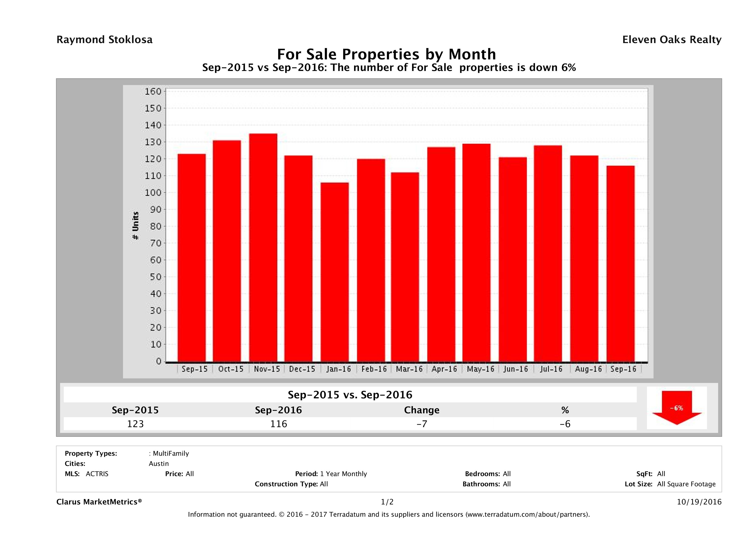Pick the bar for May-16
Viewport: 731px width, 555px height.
476,253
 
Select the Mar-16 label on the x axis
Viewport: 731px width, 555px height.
409,369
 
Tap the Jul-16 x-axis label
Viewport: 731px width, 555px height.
551,369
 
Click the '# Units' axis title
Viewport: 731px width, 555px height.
135,226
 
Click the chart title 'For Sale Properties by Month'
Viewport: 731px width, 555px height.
386,54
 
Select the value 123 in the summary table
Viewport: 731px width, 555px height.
135,424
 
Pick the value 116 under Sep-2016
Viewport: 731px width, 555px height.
279,424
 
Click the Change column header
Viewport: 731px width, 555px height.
422,410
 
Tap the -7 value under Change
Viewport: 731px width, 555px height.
422,424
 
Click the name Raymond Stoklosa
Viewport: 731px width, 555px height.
104,40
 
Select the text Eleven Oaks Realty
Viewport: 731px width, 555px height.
671,40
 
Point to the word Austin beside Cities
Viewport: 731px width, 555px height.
159,464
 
